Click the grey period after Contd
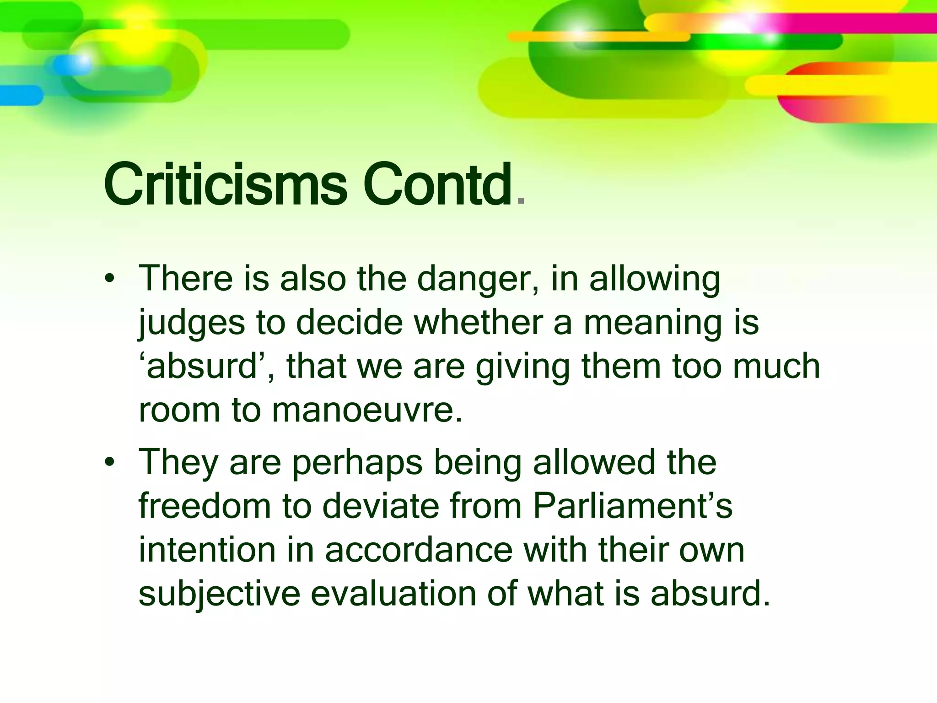pyautogui.click(x=520, y=200)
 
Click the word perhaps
pyautogui.click(x=357, y=463)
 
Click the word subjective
pyautogui.click(x=219, y=594)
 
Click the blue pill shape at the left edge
pyautogui.click(x=21, y=95)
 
